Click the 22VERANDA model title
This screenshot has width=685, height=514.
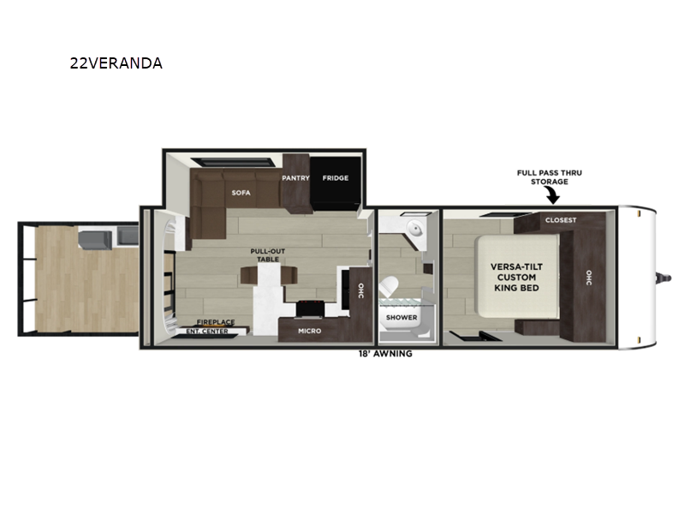(116, 63)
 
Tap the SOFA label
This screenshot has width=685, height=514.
(241, 193)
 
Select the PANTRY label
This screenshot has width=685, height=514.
(295, 178)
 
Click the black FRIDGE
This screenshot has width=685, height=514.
(336, 183)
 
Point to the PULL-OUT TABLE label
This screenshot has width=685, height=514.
(268, 255)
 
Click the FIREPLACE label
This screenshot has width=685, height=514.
(216, 322)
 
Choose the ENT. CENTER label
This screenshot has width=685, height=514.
(207, 332)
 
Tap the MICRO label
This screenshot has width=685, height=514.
(310, 331)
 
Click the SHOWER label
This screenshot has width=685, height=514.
(402, 317)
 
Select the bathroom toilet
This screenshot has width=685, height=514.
(389, 287)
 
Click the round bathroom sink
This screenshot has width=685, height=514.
(414, 228)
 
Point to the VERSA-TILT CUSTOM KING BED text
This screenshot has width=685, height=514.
(516, 277)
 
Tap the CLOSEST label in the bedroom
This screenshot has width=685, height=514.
(561, 220)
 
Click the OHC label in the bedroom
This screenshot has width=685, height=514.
(588, 278)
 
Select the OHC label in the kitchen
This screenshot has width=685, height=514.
(360, 290)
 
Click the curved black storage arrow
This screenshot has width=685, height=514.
(552, 195)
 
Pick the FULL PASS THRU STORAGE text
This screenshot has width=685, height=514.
(550, 177)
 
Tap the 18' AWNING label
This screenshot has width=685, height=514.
(385, 354)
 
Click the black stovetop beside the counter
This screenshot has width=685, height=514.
(311, 308)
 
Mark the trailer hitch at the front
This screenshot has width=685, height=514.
(664, 278)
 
